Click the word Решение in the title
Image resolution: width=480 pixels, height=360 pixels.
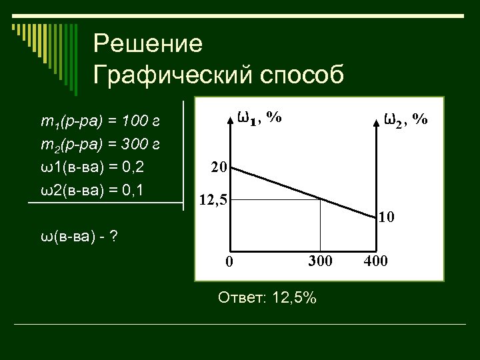point(147,45)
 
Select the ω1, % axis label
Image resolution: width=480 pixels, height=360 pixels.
point(259,117)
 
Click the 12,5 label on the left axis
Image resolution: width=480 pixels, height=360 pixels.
point(213,199)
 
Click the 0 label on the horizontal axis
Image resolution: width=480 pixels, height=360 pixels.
point(228,261)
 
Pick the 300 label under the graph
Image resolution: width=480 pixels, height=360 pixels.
point(320,259)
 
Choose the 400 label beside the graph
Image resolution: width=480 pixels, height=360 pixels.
point(375,259)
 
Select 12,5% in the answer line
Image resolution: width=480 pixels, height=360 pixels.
point(291,298)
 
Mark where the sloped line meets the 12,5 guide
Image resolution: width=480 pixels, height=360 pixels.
point(321,199)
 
